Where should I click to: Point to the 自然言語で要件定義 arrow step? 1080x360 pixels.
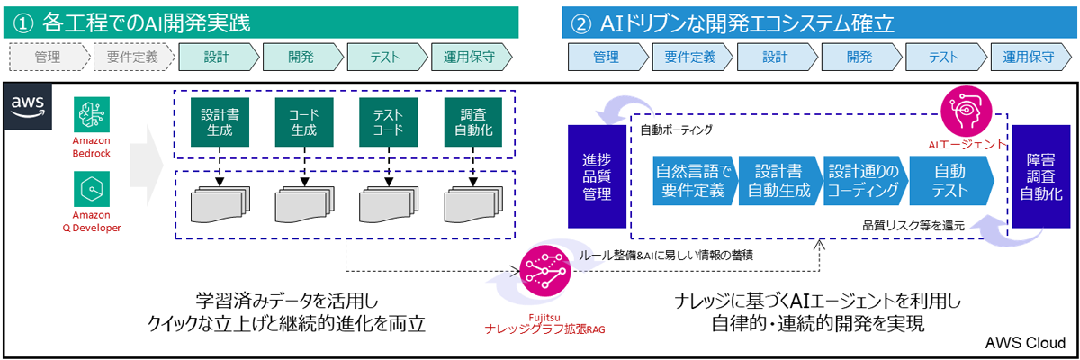coord(695,180)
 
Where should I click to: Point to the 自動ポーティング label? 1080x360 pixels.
coord(676,131)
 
